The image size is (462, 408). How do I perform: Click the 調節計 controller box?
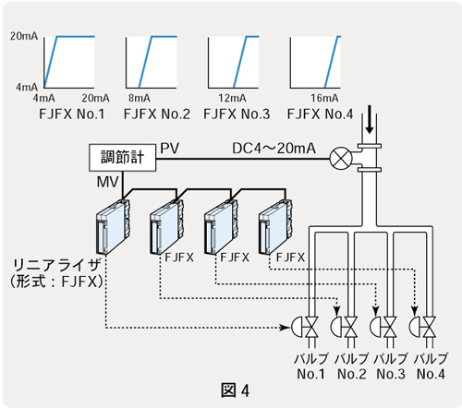point(122,157)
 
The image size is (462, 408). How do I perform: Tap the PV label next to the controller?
point(169,149)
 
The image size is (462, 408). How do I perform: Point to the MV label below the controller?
point(107,182)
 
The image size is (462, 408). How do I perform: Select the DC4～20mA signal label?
point(274,149)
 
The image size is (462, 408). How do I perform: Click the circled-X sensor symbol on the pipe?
point(341,159)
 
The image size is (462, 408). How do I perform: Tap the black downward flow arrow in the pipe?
point(370,119)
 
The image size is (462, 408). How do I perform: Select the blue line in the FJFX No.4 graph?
point(333,62)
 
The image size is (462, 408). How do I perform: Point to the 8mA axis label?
point(140,98)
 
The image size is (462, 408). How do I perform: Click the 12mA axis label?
point(232,98)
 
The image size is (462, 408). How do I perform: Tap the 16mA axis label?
point(324,98)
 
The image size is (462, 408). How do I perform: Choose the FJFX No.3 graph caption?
point(237,114)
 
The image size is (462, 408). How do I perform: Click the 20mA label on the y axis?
point(24,36)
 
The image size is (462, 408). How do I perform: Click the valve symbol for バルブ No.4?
point(422,328)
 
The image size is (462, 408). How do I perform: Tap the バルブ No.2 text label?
point(352,366)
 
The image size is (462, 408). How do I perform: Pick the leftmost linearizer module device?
point(113,226)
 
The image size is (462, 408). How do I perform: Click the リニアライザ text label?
point(57,265)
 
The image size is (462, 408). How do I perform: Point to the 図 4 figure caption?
point(235,390)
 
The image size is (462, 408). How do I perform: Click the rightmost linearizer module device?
point(275,226)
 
